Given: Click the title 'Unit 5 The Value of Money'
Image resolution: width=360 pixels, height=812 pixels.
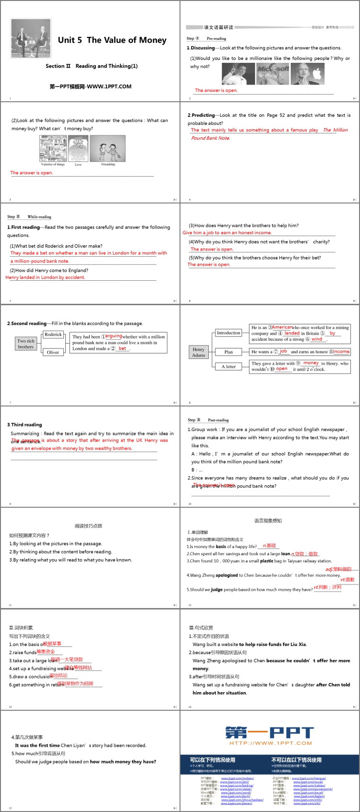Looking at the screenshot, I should tap(112, 40).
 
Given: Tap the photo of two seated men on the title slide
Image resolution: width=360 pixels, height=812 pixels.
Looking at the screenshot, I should tap(31, 39).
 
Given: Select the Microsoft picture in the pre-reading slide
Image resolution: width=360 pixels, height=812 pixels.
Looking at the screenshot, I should tap(273, 73).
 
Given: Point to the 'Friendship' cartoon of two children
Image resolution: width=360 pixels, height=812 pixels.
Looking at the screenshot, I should tap(108, 149).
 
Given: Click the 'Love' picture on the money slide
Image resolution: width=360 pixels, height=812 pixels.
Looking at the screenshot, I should tap(78, 148).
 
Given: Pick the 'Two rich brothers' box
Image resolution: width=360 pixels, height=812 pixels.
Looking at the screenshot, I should tap(26, 344).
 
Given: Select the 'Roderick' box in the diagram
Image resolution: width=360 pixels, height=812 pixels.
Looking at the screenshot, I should tap(53, 334).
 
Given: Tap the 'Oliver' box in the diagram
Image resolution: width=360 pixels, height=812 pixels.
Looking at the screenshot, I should tap(53, 352).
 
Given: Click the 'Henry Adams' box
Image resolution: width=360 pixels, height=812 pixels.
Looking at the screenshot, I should tap(199, 352).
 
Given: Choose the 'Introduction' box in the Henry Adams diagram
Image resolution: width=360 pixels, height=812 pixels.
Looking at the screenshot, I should tap(228, 333).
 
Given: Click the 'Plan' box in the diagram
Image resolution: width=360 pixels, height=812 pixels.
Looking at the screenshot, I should tap(228, 352).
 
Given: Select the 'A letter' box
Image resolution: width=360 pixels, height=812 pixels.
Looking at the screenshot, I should tap(228, 366).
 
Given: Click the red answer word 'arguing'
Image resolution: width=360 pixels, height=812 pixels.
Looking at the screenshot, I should tap(114, 336).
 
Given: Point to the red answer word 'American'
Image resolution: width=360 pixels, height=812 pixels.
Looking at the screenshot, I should tap(282, 327).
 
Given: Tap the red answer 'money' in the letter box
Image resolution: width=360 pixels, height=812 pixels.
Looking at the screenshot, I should tap(311, 363).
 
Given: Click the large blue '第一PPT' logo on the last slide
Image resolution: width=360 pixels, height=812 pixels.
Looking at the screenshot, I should tap(269, 733).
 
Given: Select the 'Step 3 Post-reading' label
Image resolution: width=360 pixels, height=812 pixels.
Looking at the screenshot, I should tap(208, 420).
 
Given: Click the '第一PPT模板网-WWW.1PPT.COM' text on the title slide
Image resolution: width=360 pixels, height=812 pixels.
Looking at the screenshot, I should tap(90, 86).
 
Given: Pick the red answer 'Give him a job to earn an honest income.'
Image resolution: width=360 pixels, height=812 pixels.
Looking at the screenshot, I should tap(227, 233).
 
